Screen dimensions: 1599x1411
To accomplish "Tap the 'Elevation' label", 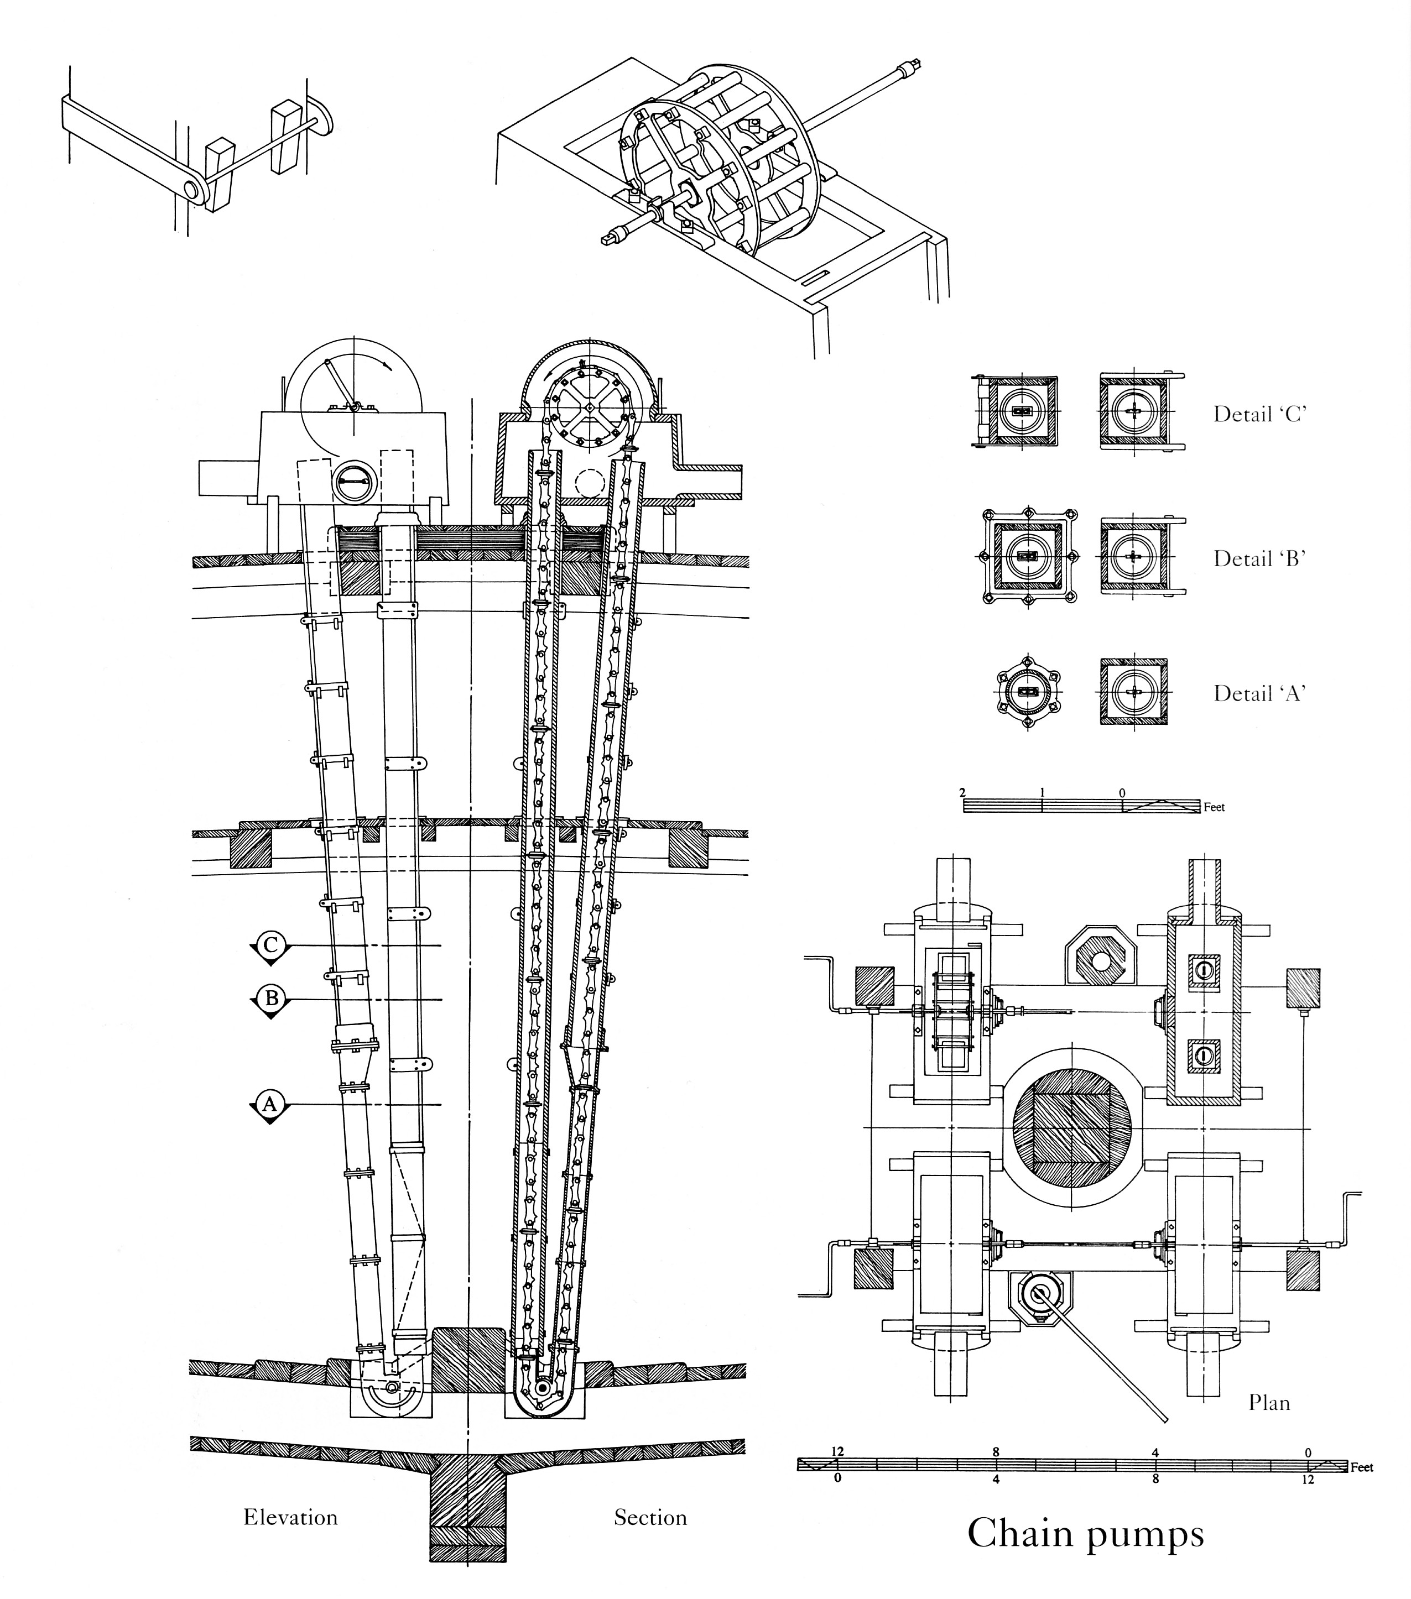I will click(x=290, y=1518).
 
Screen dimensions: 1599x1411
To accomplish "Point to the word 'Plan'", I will click(x=1268, y=1403).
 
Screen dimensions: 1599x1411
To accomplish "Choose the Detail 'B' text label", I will click(x=1260, y=558).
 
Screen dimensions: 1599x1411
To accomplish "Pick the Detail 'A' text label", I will click(x=1260, y=693).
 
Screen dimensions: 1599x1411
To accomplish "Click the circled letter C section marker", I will click(x=270, y=945).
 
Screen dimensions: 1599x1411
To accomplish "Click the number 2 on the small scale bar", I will click(x=962, y=792).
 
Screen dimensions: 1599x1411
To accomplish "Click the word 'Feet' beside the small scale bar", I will click(x=1214, y=807).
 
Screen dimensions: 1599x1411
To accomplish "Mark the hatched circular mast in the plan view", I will click(x=1071, y=1127).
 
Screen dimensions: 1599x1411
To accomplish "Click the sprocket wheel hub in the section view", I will click(x=588, y=407).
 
